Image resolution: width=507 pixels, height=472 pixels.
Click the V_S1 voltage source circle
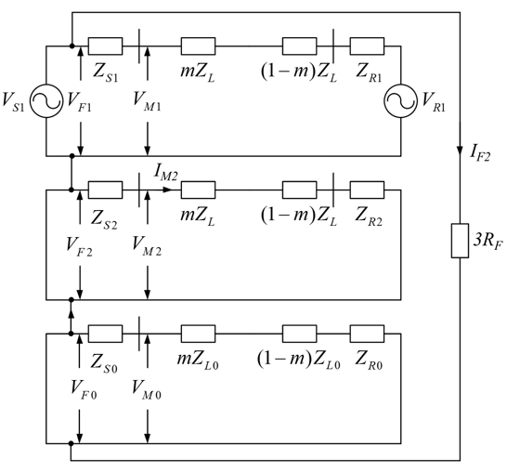coord(46,85)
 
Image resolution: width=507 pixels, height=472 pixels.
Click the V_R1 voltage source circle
coord(400,85)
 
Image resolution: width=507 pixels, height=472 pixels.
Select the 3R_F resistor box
coord(460,241)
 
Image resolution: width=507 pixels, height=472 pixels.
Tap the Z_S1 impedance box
coord(105,46)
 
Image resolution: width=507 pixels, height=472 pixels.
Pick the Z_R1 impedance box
coord(367,46)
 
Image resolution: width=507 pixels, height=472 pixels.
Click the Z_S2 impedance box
coord(105,190)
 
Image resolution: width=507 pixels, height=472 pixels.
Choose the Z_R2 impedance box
coord(367,190)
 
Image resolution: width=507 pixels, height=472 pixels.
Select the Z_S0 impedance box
coord(105,334)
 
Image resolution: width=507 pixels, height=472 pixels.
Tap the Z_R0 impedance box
coord(367,334)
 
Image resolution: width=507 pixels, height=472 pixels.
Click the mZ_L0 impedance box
coord(198,334)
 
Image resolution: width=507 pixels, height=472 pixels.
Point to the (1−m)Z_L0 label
coord(299,359)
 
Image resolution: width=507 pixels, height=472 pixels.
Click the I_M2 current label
coord(165,172)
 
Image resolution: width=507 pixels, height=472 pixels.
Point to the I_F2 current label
coord(480,152)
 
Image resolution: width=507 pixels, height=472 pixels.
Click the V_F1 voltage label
coord(79,101)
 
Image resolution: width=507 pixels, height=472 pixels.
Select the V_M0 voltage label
coord(147,388)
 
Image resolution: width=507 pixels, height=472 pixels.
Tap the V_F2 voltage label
coord(79,245)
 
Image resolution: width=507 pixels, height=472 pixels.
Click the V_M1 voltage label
coord(147,100)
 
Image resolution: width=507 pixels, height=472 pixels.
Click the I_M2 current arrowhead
coord(167,190)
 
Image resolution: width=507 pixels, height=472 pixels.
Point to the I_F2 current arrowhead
coord(460,151)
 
